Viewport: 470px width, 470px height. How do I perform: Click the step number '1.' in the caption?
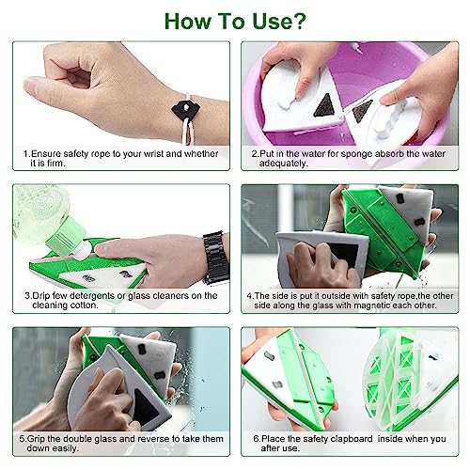[28, 152]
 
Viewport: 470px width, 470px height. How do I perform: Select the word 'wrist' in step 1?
[152, 152]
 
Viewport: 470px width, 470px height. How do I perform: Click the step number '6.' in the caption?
[257, 440]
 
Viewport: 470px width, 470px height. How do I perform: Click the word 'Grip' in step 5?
[39, 440]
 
